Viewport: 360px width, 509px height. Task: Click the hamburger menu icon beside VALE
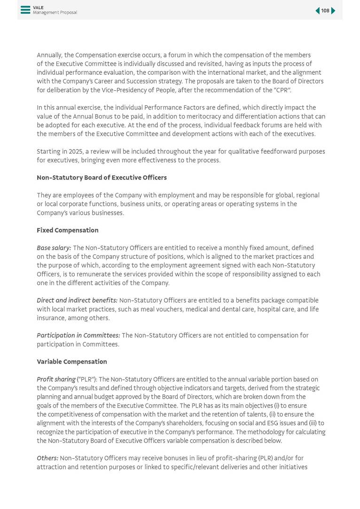pos(25,10)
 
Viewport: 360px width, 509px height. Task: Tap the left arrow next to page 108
pos(317,11)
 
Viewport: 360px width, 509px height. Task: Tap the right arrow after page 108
pos(333,11)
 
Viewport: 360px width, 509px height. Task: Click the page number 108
pos(325,11)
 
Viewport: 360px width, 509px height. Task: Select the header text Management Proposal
pos(55,13)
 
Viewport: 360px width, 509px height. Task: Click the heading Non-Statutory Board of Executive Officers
pos(102,178)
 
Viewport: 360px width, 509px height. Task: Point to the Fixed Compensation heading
pos(68,230)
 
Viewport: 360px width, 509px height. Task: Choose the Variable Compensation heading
pos(72,362)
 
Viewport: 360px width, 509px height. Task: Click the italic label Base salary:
pos(54,248)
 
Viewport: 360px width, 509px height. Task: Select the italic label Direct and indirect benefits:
pos(77,301)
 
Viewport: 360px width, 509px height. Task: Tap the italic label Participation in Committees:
pos(78,336)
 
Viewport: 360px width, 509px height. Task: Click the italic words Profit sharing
pos(56,380)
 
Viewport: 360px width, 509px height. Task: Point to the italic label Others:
pos(47,458)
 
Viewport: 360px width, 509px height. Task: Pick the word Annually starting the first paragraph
pos(49,55)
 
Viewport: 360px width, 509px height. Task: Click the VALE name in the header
pos(38,8)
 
